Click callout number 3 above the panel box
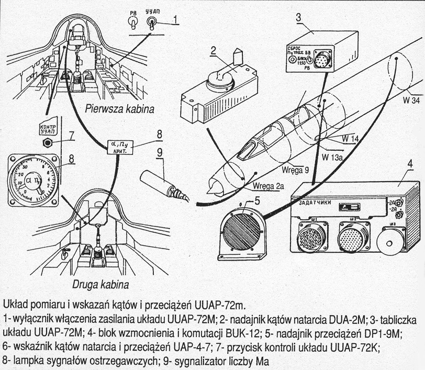click(298, 17)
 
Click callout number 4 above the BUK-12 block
click(410, 164)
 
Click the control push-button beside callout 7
click(48, 142)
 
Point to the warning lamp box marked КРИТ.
click(120, 146)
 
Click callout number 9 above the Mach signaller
click(160, 153)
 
